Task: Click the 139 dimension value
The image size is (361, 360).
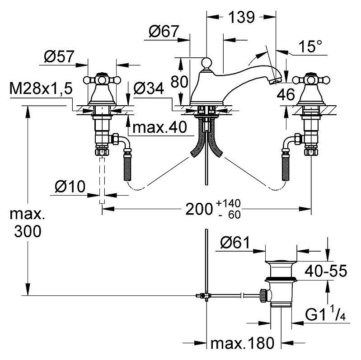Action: click(x=242, y=17)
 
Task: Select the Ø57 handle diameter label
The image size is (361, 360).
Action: click(x=59, y=56)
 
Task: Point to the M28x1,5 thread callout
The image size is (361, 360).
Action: click(x=41, y=89)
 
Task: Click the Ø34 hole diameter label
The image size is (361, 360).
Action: click(x=149, y=89)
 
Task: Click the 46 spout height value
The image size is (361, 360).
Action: click(x=286, y=94)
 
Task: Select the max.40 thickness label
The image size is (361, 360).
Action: click(x=160, y=127)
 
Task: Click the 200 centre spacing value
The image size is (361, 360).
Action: click(x=199, y=209)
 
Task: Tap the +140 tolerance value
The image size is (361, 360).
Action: click(x=228, y=203)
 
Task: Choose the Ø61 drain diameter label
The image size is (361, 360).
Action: click(x=235, y=243)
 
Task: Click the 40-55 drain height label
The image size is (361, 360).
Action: click(x=326, y=271)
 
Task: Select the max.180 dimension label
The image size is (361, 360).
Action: click(x=243, y=343)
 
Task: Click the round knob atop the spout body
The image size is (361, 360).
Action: click(x=206, y=62)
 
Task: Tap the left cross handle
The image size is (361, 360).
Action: click(x=102, y=80)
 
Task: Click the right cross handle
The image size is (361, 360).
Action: click(x=311, y=80)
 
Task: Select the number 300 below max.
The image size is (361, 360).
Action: click(x=28, y=231)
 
